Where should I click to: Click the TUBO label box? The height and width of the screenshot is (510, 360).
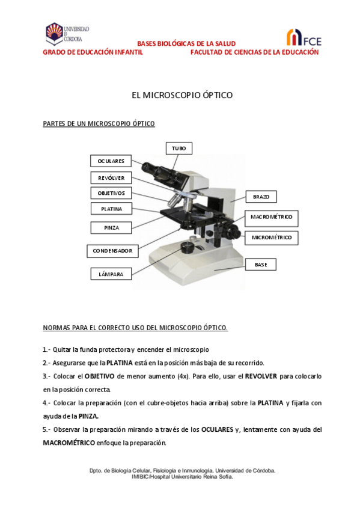tap(178, 148)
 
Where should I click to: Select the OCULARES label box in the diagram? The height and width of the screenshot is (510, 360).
tap(111, 161)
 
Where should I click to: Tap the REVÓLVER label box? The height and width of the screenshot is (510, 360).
tap(111, 177)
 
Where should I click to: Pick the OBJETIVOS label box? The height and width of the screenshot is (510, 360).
tap(111, 193)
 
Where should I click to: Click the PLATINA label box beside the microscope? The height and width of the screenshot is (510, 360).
tap(111, 209)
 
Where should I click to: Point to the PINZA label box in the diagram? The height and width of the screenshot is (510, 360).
tap(111, 228)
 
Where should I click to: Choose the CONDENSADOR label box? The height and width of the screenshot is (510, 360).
tap(112, 250)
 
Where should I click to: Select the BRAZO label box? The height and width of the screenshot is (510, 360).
tap(261, 197)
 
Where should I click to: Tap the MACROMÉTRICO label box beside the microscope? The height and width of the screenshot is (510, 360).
tap(271, 217)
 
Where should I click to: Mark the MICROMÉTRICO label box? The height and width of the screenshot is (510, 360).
tap(271, 238)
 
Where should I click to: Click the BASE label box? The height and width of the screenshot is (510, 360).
tap(261, 265)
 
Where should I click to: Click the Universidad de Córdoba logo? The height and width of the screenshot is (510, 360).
tap(67, 34)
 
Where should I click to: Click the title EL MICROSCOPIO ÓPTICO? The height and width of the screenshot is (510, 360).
tap(182, 95)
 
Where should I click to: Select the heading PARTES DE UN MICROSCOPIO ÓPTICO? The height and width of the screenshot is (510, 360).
tap(99, 124)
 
